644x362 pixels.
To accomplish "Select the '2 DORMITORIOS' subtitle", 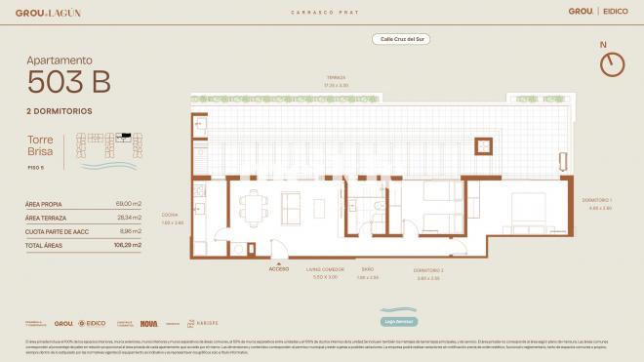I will (x=60, y=111).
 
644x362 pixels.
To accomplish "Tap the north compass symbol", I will (x=611, y=63).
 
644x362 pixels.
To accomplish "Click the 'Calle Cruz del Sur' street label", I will (x=401, y=39).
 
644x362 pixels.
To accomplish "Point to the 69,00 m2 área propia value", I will (x=129, y=203).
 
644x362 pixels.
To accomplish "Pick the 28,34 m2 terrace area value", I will (x=129, y=218).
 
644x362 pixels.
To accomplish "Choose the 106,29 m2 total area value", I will (x=128, y=246).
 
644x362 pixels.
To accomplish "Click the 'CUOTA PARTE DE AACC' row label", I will (x=55, y=231).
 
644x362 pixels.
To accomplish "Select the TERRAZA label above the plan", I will (x=336, y=77).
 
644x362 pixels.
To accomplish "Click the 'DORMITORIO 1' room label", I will (x=600, y=200).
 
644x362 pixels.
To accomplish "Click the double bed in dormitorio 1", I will (x=525, y=209).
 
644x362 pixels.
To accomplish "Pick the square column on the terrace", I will (x=483, y=146).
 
